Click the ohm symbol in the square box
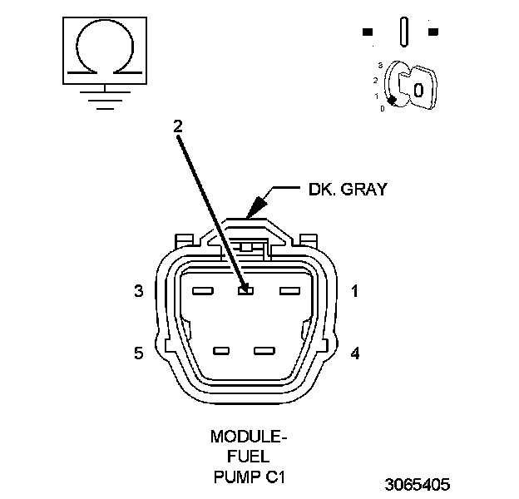tap(103, 48)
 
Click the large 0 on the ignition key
tap(419, 89)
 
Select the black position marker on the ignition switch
tap(392, 100)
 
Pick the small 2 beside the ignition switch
tap(376, 81)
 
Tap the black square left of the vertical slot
tap(367, 32)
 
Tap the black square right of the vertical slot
tap(432, 32)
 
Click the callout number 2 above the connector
tap(177, 126)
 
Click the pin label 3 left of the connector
tap(139, 291)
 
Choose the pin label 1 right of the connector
tap(354, 291)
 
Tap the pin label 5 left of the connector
tap(139, 353)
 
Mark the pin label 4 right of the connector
tap(355, 353)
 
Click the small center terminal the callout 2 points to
tap(245, 291)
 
